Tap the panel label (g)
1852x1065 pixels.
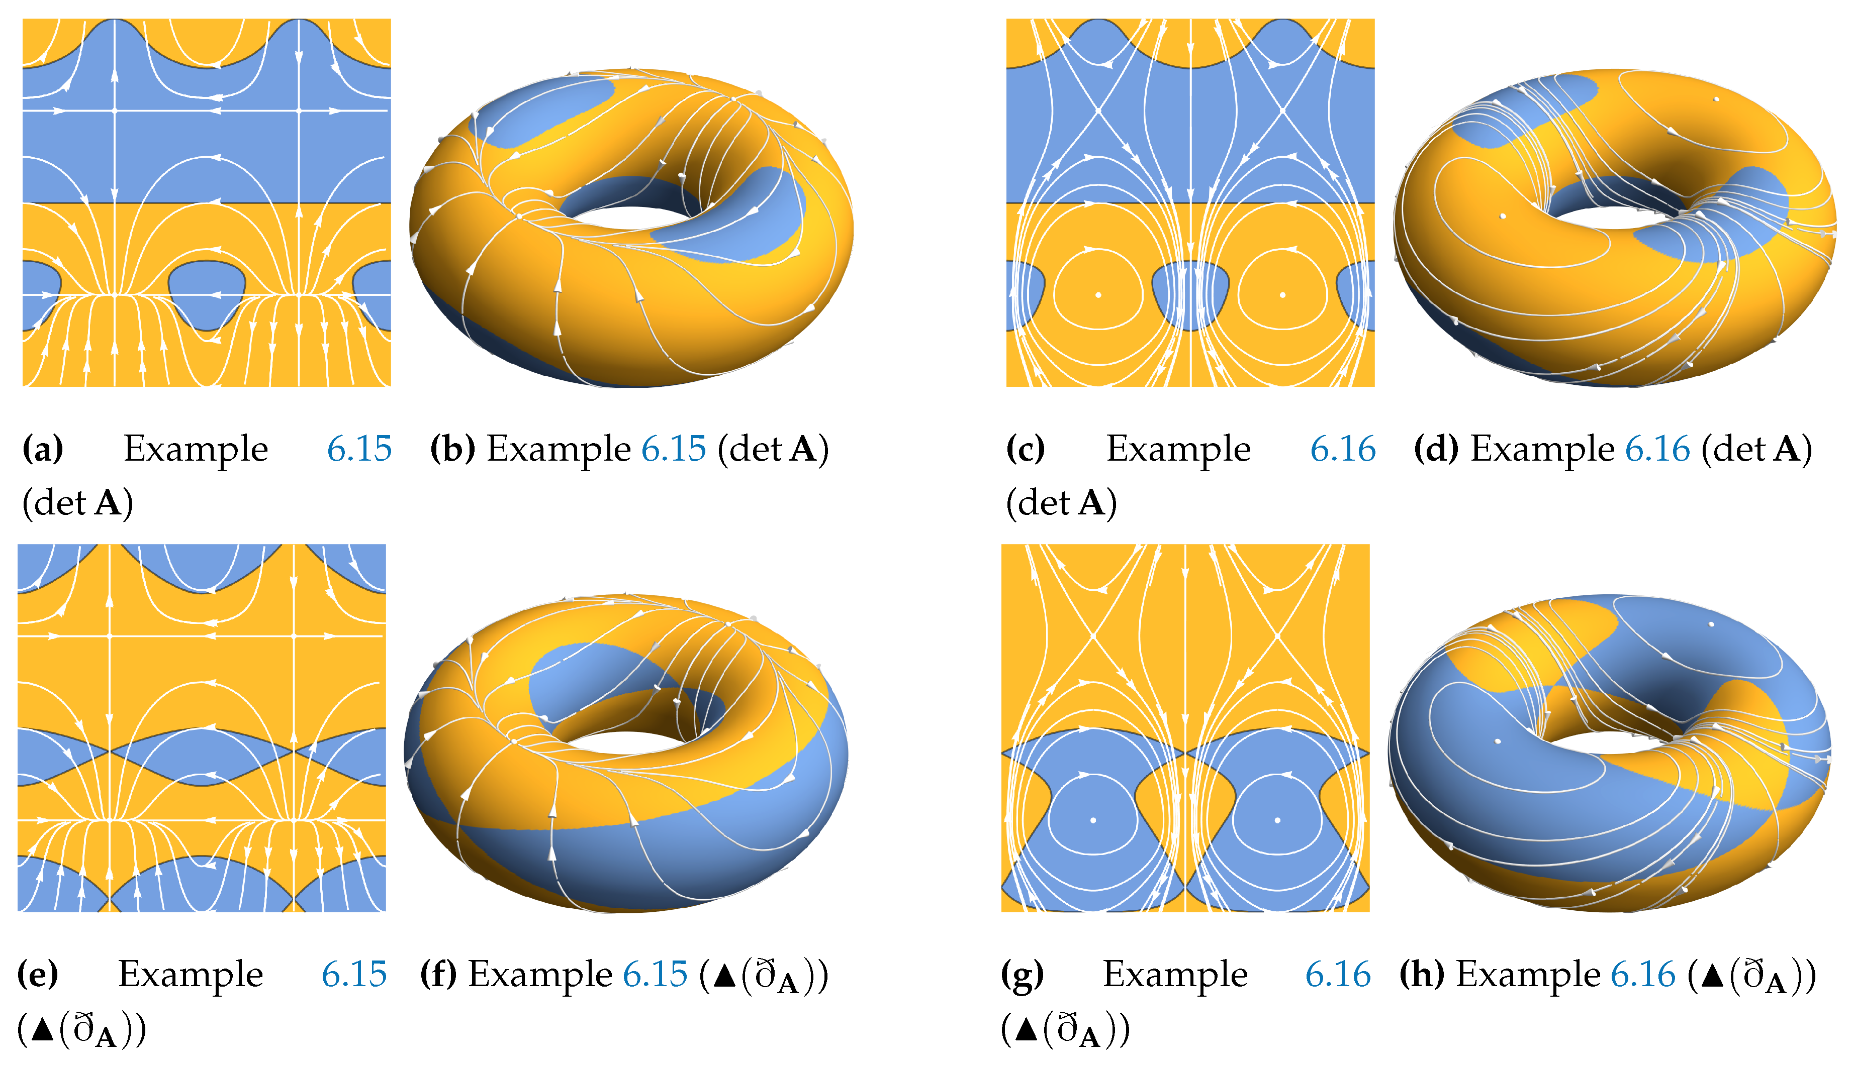1022,974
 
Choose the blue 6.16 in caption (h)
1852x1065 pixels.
1643,974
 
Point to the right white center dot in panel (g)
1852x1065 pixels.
1277,820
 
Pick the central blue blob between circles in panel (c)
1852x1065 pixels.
1190,295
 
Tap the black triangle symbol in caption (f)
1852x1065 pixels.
724,976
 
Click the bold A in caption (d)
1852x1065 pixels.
1787,449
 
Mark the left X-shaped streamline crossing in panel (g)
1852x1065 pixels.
1093,635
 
